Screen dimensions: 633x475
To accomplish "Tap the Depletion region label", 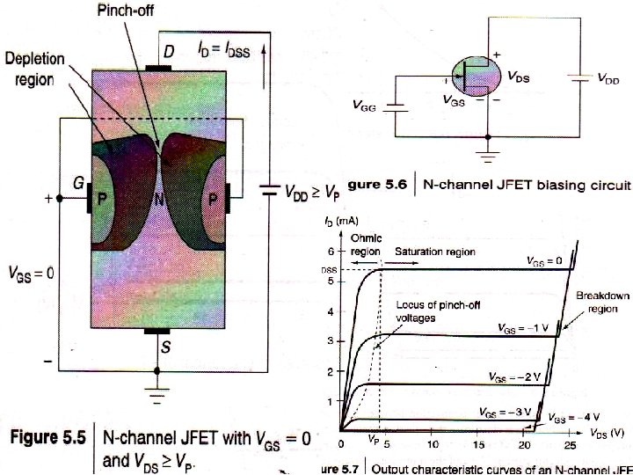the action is tap(36, 68).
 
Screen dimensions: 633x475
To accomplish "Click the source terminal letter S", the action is tap(165, 347).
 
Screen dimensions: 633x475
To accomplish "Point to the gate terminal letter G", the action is tap(79, 184).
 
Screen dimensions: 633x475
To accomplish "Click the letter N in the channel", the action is tap(159, 200).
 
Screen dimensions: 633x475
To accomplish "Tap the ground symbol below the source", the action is tap(157, 393).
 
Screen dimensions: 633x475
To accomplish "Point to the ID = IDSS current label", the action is tap(220, 52).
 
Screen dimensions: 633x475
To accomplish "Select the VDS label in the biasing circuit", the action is tap(524, 77).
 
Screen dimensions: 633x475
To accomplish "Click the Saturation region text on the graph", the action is tap(434, 252).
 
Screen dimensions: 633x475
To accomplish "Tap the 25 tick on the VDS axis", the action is tap(571, 445).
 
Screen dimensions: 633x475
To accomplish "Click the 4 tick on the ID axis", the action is tap(330, 311).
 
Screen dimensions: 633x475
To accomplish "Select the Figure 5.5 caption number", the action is tap(48, 436).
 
